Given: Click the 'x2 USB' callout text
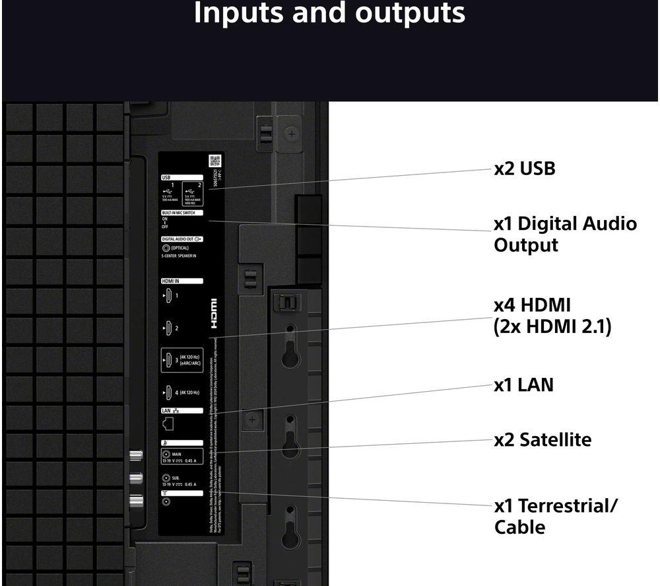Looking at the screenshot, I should click(525, 169).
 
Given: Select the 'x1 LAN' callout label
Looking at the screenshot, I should click(523, 385).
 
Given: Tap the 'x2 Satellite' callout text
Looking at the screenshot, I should click(543, 439).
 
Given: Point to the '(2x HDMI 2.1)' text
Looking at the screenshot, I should click(552, 326).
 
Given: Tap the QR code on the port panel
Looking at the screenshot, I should click(214, 161).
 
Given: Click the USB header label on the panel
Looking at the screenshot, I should click(166, 177).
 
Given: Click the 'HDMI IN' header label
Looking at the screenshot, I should click(171, 281).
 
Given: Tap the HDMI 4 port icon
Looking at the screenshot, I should click(168, 393).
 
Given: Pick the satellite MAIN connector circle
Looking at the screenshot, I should click(165, 455).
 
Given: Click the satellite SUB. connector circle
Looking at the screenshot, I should click(165, 478).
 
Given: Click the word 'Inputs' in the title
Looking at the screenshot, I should click(240, 13).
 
